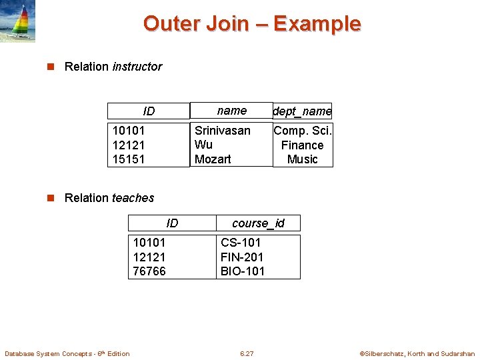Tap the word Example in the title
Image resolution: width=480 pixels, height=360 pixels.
(x=317, y=24)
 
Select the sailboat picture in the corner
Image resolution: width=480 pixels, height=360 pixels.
(x=18, y=22)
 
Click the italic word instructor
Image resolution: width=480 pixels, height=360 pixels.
(x=137, y=67)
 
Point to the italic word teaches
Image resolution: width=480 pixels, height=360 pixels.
(x=133, y=198)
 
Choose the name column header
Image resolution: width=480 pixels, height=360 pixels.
(x=232, y=111)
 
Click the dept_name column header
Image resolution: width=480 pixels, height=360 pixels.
(x=302, y=111)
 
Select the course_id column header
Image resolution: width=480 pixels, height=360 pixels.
(x=258, y=223)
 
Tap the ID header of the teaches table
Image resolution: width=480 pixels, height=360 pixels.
(x=172, y=223)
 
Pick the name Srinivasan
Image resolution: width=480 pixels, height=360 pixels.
(x=223, y=131)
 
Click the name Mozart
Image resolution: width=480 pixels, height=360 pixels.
(x=213, y=159)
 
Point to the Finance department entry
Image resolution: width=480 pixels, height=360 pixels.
(x=302, y=145)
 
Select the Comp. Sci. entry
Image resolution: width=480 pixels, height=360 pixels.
(x=302, y=131)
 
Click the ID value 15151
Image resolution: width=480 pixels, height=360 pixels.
(x=129, y=159)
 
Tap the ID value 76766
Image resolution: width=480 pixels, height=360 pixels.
(x=149, y=271)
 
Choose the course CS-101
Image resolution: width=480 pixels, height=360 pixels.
(x=241, y=243)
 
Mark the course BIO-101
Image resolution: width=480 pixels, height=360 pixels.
(x=243, y=271)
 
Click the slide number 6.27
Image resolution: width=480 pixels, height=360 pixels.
(x=247, y=353)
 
